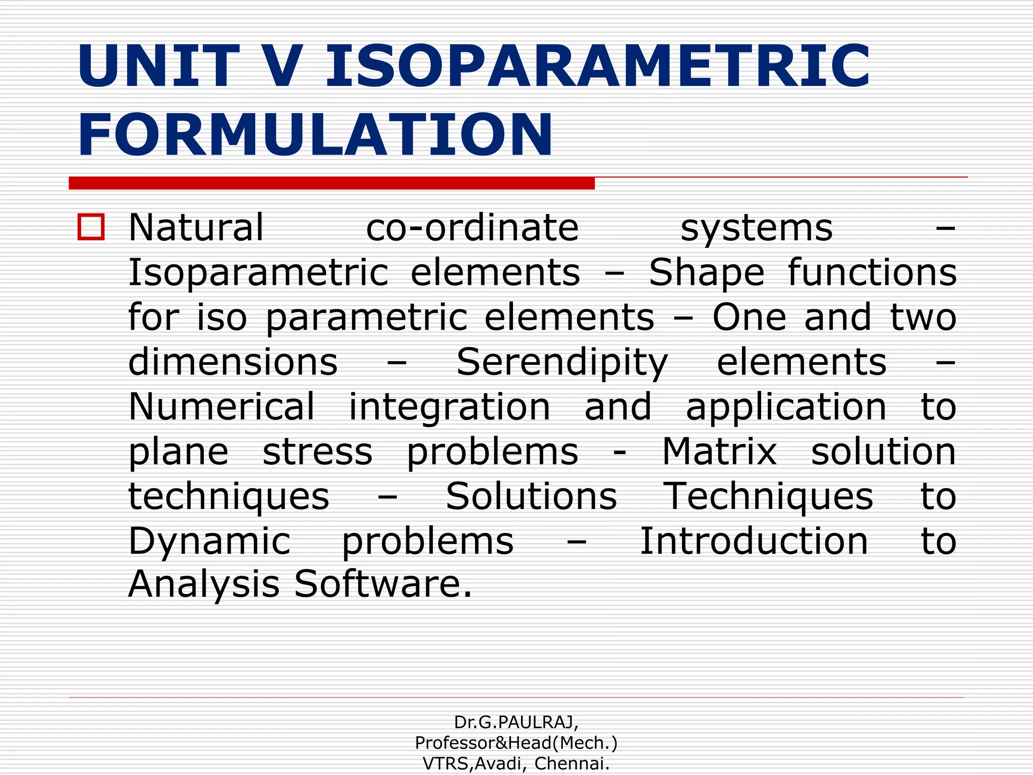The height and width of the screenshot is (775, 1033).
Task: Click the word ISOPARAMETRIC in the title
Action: tap(598, 67)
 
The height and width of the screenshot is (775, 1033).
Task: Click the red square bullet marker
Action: tap(91, 227)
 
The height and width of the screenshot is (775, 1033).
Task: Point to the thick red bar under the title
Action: tap(331, 183)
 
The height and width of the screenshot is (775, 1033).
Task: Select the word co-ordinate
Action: tap(472, 228)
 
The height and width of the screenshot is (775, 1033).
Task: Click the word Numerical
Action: tap(221, 407)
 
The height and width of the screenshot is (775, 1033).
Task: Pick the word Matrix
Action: tap(719, 452)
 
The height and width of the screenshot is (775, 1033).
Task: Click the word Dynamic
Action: tap(209, 541)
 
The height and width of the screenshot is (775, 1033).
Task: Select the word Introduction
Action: tap(754, 541)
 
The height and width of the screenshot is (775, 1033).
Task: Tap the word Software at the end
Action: tap(383, 584)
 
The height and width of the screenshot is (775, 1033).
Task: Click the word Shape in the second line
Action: tap(707, 273)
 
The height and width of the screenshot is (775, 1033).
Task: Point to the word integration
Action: tap(449, 407)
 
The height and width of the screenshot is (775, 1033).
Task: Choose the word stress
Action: tap(317, 452)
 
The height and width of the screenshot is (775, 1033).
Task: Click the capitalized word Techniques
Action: tap(767, 496)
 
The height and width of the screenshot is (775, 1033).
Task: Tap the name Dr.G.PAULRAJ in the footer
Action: tap(516, 723)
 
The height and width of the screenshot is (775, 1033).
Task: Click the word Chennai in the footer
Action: tap(571, 764)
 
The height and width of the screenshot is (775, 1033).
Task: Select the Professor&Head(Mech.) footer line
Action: tap(516, 743)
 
